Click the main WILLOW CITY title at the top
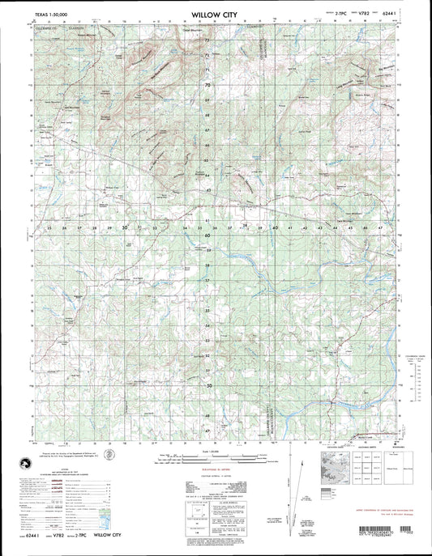214,14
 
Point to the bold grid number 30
124,229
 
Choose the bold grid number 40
275,229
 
